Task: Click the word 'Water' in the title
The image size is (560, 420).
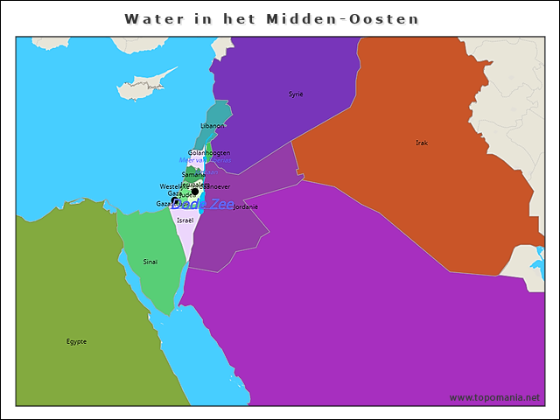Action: click(x=153, y=18)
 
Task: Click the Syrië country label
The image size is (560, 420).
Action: click(x=296, y=94)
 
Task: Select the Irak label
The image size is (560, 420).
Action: click(x=422, y=143)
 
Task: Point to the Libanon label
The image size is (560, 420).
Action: click(x=213, y=126)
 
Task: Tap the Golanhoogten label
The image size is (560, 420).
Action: click(x=209, y=153)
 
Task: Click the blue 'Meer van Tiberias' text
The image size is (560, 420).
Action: click(x=205, y=161)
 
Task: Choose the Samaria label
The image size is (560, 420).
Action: click(x=193, y=175)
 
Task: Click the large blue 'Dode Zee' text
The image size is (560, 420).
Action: click(x=203, y=204)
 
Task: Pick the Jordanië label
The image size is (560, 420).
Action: click(x=245, y=207)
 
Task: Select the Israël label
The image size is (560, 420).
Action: click(x=185, y=220)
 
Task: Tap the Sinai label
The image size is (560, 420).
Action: click(x=150, y=262)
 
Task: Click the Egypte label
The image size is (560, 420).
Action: click(x=76, y=341)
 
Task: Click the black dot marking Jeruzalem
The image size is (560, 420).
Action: click(x=194, y=192)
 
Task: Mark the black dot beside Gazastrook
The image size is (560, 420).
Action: click(x=175, y=201)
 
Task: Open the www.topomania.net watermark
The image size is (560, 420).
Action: click(x=494, y=398)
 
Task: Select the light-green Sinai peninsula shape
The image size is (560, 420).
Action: click(x=153, y=254)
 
